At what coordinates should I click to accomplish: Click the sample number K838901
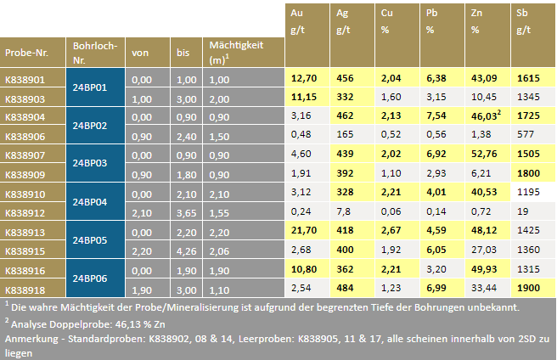pyautogui.click(x=25, y=79)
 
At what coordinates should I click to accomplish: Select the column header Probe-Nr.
pyautogui.click(x=26, y=53)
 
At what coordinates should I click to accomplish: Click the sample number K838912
pyautogui.click(x=25, y=212)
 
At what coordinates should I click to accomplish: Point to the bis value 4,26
pyautogui.click(x=186, y=250)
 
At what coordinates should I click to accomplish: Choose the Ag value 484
pyautogui.click(x=346, y=288)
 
